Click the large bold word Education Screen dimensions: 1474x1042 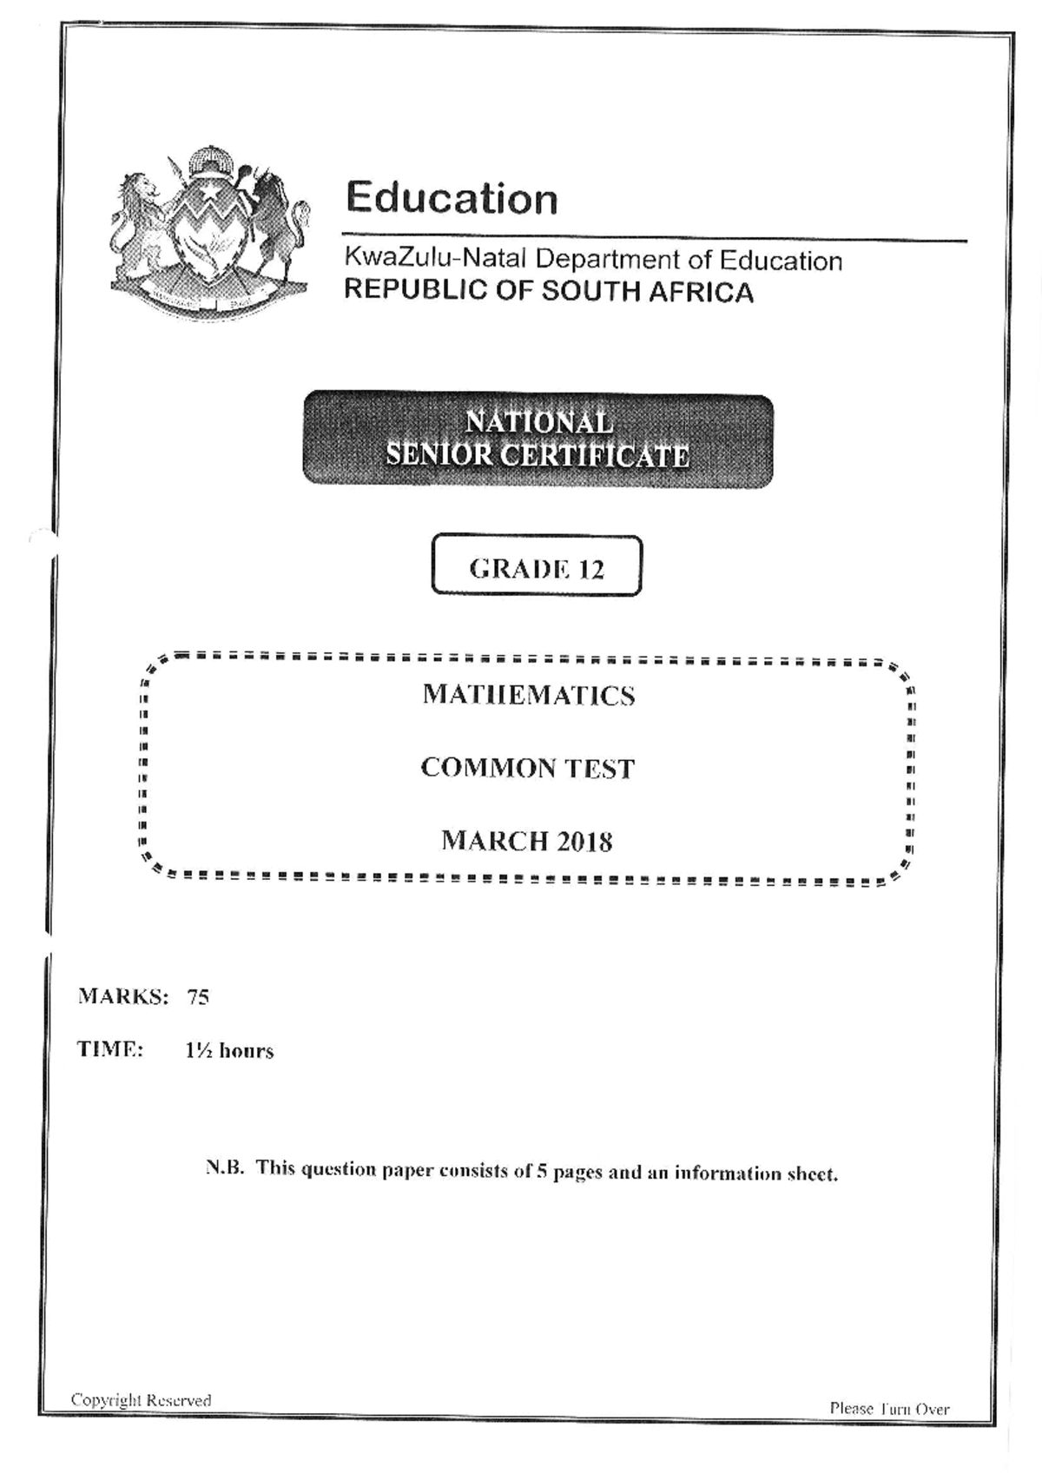[x=452, y=198]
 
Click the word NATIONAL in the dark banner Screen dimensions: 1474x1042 [x=538, y=422]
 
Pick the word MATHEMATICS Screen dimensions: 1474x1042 [x=528, y=695]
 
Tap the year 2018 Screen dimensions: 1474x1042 [x=584, y=841]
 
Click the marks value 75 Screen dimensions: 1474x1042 [x=198, y=997]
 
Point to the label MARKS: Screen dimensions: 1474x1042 [x=122, y=996]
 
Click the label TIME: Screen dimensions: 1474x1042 [x=110, y=1049]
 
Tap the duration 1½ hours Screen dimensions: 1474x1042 [x=229, y=1051]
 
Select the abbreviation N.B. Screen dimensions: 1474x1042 [x=225, y=1168]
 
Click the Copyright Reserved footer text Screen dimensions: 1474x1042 [x=141, y=1400]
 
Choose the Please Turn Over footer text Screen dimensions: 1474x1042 [x=889, y=1409]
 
